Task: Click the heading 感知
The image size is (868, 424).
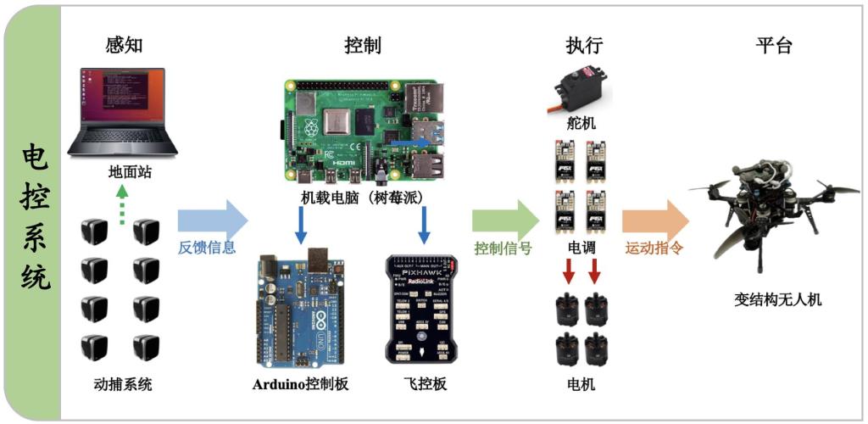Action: [124, 46]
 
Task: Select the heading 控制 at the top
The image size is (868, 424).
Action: [363, 46]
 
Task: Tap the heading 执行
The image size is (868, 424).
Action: [584, 46]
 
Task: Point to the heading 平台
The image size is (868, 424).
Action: [774, 46]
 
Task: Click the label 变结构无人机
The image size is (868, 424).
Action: [778, 300]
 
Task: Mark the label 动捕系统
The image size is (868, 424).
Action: [124, 384]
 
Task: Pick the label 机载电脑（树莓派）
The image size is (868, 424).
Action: [363, 198]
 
